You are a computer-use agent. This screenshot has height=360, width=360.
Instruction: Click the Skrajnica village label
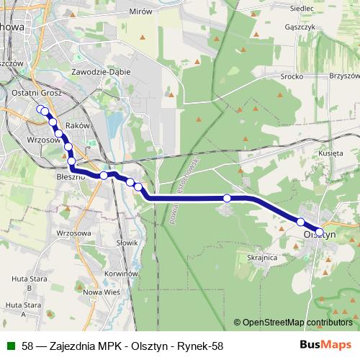pos(263,257)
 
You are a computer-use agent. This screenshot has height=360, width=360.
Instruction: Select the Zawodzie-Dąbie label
pos(99,73)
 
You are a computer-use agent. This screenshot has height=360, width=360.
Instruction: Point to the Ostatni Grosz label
pos(42,93)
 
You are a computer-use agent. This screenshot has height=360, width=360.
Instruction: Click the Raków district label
pos(77,125)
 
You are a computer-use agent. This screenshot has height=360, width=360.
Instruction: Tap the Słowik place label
pos(126,243)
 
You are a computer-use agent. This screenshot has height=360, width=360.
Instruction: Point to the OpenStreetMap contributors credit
pos(297,323)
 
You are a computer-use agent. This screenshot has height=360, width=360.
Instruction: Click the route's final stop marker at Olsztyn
pos(320,232)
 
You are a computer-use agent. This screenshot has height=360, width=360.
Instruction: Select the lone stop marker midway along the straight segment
pos(227,198)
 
